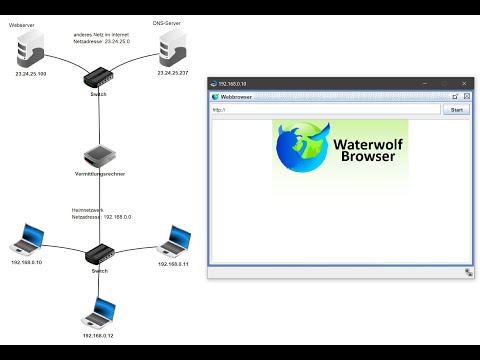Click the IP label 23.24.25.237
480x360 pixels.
coord(173,73)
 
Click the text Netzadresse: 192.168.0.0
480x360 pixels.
coord(102,216)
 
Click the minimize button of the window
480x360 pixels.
coord(421,84)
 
